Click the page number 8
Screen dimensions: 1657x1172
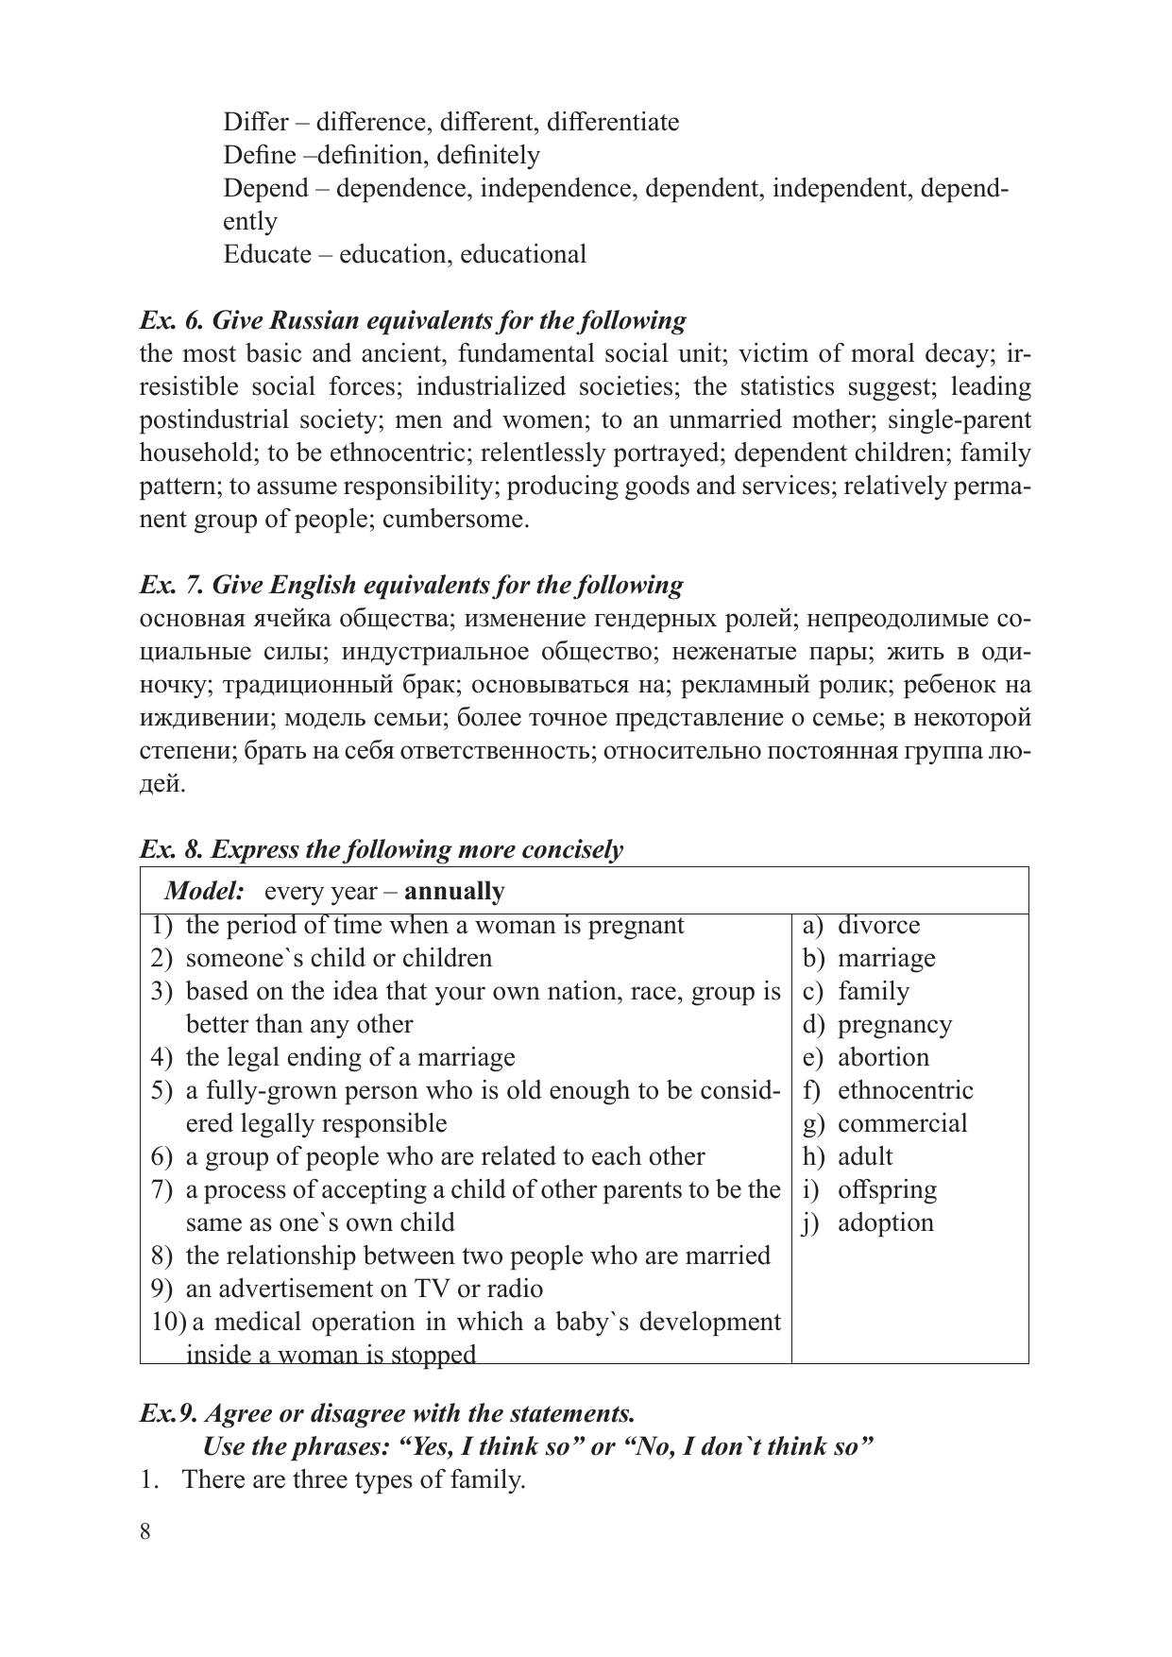[145, 1532]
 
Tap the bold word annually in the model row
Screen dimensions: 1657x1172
[457, 892]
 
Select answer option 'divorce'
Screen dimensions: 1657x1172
[878, 925]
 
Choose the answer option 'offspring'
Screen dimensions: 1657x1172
[887, 1189]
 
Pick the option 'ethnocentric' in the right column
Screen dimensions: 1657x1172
[905, 1090]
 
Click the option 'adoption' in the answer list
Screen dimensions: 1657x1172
[885, 1222]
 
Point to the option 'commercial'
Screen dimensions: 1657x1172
[902, 1123]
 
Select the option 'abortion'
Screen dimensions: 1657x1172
[883, 1057]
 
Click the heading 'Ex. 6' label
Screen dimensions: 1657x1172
[171, 321]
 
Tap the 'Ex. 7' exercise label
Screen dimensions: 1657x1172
[171, 586]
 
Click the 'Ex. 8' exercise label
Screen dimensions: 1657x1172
[171, 850]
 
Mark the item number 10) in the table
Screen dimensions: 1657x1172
[166, 1322]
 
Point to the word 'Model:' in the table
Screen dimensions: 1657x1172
[204, 892]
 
